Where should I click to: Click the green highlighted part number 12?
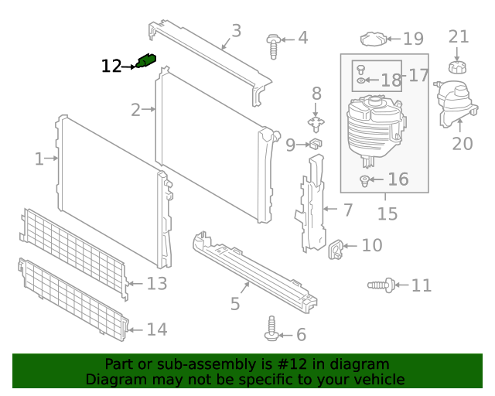145,60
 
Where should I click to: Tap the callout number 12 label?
111,67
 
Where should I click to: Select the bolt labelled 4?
273,44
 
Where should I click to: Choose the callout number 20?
462,143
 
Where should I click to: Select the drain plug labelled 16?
365,182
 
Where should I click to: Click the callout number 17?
418,75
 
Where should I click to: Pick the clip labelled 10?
337,249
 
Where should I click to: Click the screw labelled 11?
381,286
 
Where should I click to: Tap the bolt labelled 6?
273,328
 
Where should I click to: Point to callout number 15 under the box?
387,213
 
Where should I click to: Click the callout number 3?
236,31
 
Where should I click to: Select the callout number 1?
39,159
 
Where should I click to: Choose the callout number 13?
156,284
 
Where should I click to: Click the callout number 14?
156,329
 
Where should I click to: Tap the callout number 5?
235,304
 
